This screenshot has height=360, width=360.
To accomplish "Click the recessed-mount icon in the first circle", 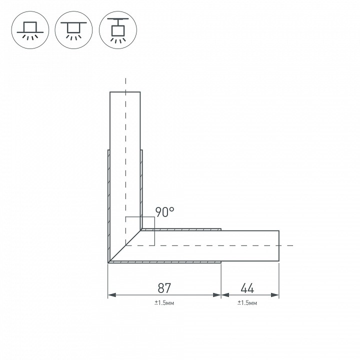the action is [30, 30].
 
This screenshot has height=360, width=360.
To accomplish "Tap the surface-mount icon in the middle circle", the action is [73, 30].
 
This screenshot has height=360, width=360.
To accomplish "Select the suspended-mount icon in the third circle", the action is [118, 30].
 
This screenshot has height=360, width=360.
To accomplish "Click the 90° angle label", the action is [165, 212].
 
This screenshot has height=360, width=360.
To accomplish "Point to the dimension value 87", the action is [164, 288].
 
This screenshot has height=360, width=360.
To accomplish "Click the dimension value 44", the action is [247, 288].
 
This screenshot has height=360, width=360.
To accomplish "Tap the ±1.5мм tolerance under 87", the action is [164, 303].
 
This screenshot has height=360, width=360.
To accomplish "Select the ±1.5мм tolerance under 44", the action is [247, 303].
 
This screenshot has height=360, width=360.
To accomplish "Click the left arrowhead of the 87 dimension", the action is [112, 295].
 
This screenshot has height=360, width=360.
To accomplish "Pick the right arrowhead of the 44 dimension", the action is [275, 295].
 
